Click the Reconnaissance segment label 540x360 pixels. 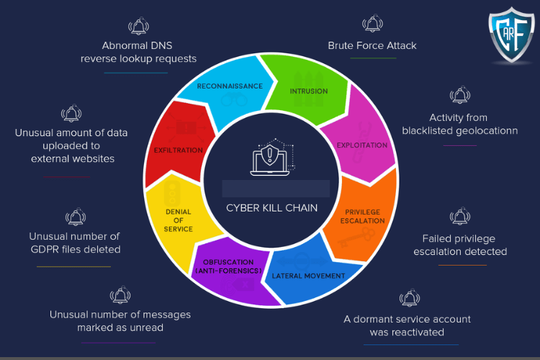(230, 86)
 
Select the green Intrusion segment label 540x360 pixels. (309, 91)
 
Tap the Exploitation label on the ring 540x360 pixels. (362, 145)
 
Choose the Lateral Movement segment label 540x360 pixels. (309, 276)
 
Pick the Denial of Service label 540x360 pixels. (179, 220)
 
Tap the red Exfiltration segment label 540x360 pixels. (179, 150)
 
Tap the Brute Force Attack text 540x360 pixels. (372, 45)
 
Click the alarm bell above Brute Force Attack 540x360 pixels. (373, 24)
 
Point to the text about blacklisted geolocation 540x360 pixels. (459, 124)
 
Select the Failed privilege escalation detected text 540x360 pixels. (460, 245)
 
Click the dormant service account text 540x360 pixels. (408, 325)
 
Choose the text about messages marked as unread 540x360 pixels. (120, 321)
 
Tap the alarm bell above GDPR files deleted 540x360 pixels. (76, 216)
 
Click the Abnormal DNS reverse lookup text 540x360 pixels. (138, 52)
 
